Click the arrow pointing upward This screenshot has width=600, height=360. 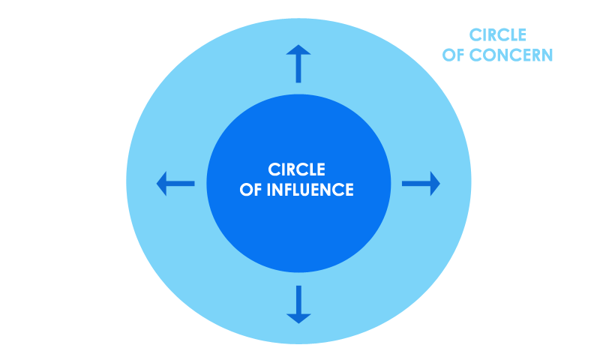(x=298, y=64)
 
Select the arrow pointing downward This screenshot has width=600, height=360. (x=298, y=304)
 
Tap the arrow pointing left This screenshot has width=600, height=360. (x=175, y=184)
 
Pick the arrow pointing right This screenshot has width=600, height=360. (x=421, y=184)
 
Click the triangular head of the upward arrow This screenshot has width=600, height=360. (x=298, y=50)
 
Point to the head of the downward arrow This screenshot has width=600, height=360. (x=298, y=319)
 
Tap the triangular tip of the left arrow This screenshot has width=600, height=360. (x=162, y=184)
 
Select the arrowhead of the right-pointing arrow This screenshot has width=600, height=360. (x=436, y=184)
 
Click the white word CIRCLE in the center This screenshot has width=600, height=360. (x=296, y=169)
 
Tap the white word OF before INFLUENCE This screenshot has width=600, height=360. (x=250, y=190)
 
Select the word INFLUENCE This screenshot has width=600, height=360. (x=310, y=190)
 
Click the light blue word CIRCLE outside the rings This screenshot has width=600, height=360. (x=498, y=34)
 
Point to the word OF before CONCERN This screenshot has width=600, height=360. (x=454, y=55)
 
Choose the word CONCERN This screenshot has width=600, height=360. (x=511, y=55)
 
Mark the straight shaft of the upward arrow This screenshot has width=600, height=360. (x=298, y=69)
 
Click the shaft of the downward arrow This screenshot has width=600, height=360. (x=298, y=299)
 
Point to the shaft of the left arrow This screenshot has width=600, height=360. (x=181, y=184)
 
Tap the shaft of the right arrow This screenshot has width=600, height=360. (x=416, y=184)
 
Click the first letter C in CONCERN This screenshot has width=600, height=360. (x=475, y=55)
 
